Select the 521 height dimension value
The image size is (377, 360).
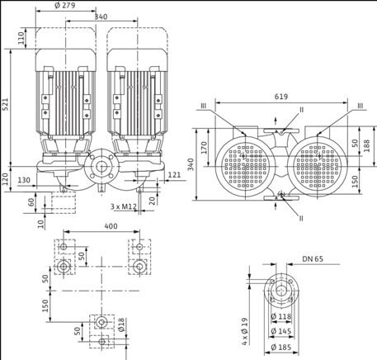[x=6, y=106]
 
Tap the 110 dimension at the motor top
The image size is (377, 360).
[x=21, y=37]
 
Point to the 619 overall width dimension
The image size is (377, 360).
[x=280, y=97]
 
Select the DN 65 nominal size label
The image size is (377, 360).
[x=312, y=260]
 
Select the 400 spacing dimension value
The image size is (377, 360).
[x=98, y=226]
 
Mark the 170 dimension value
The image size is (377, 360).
[x=204, y=146]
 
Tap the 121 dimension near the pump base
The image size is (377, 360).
[x=174, y=175]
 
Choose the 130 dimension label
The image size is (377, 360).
[x=23, y=180]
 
